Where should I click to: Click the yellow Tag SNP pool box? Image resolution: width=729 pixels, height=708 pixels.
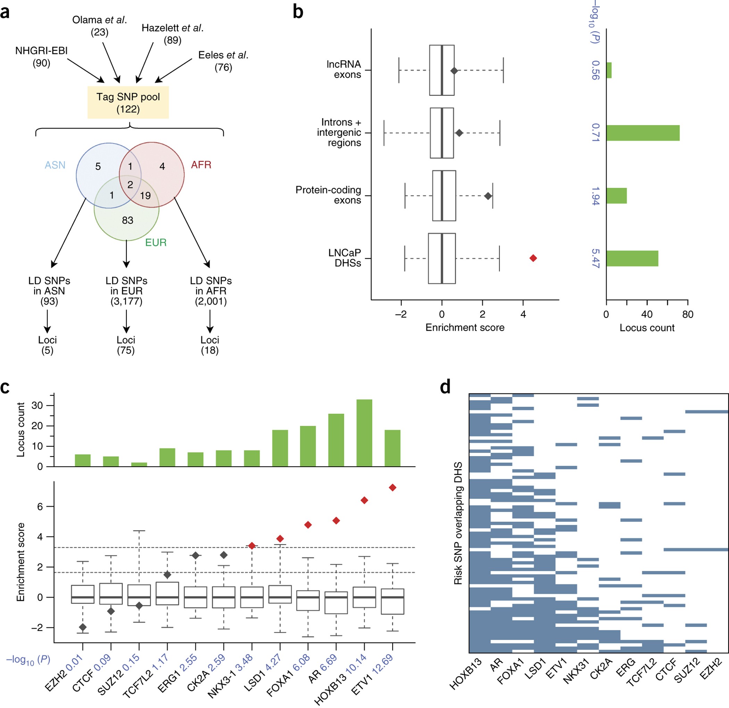tap(128, 102)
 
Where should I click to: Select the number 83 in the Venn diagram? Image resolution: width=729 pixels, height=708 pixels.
tap(128, 220)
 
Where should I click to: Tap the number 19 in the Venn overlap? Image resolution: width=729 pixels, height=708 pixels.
tap(145, 196)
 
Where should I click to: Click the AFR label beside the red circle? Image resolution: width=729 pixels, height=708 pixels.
tap(201, 165)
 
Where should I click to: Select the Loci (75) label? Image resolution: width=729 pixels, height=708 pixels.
tap(126, 345)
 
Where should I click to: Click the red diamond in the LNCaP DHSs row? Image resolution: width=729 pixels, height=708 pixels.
tap(533, 258)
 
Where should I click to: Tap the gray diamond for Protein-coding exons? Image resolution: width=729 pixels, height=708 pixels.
tap(488, 196)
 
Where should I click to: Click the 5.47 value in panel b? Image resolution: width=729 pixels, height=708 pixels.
tap(595, 259)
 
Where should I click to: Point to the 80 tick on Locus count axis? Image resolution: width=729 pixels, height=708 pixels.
tap(688, 314)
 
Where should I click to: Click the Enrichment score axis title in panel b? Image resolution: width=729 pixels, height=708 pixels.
tap(465, 327)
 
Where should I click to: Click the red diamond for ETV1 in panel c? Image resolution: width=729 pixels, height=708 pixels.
tap(392, 488)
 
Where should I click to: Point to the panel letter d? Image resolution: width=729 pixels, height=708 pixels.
tap(445, 387)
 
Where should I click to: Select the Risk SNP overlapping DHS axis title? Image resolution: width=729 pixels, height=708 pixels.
tap(458, 523)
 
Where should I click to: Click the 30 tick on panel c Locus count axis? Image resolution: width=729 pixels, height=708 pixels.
tap(37, 405)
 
